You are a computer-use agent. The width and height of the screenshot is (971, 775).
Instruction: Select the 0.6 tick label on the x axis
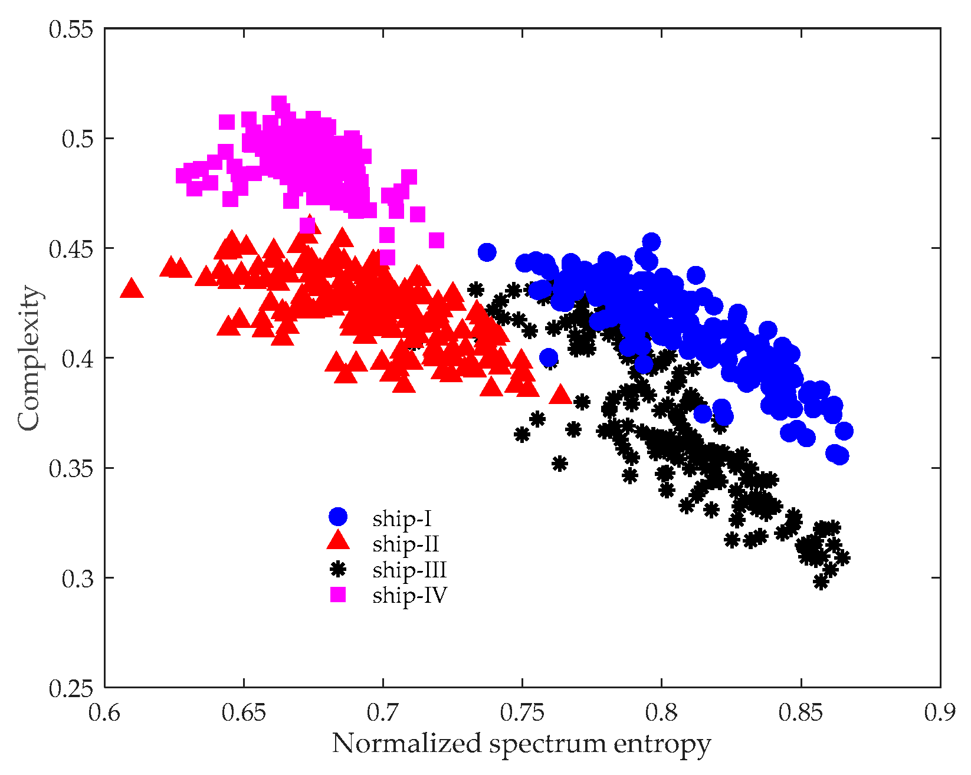click(x=104, y=712)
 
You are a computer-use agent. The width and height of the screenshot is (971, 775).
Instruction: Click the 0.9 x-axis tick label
click(x=940, y=712)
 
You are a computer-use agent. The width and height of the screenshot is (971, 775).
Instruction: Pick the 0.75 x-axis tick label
click(x=522, y=712)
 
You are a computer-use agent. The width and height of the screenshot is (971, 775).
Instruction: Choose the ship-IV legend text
click(x=409, y=595)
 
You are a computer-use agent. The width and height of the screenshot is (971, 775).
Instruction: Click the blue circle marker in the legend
click(x=338, y=517)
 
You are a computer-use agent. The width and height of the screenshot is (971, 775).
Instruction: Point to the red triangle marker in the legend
click(x=338, y=541)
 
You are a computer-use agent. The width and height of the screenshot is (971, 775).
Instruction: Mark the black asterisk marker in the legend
click(x=338, y=569)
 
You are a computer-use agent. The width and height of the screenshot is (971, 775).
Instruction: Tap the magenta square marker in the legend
click(x=338, y=595)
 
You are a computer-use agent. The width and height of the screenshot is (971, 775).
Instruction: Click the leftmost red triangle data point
click(x=132, y=288)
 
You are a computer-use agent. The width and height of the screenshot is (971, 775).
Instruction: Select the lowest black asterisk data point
click(x=821, y=582)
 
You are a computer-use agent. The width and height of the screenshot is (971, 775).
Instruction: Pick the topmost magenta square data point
click(x=279, y=103)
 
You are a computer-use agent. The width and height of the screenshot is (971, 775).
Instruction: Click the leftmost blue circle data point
click(x=487, y=252)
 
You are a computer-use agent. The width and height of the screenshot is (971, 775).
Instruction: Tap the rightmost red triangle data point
click(x=560, y=395)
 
